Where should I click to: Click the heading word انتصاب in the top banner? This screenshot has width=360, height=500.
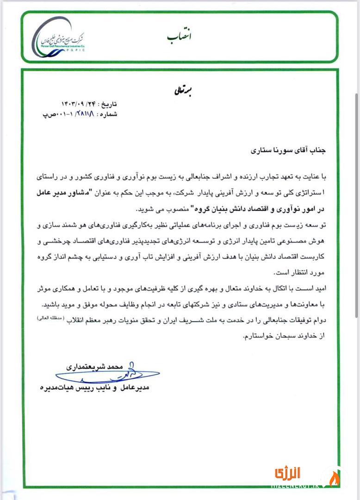pyautogui.click(x=179, y=36)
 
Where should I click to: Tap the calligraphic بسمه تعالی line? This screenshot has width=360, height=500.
pyautogui.click(x=178, y=91)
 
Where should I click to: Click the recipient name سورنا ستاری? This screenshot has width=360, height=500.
pyautogui.click(x=266, y=150)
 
